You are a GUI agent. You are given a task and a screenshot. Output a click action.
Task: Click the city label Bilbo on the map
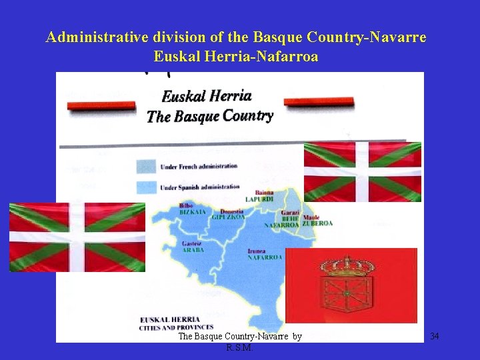pos(186,205)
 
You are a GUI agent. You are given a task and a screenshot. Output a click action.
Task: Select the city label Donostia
pos(231,211)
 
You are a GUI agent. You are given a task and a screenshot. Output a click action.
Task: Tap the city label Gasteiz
pos(191,243)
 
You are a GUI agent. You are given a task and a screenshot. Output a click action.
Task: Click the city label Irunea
pos(257,251)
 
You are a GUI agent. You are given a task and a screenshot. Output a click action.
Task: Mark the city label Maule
pos(311,217)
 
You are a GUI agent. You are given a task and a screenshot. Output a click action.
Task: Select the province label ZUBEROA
pos(317,223)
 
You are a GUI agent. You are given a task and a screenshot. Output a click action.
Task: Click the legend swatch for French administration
pos(146,166)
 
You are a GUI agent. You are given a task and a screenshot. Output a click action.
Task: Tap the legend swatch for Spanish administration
pos(146,187)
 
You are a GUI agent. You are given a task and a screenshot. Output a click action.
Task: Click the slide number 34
pos(434,336)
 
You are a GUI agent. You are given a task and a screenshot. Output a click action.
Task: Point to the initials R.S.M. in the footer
pos(240,347)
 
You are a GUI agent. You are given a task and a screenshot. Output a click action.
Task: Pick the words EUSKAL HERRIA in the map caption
pos(163,320)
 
